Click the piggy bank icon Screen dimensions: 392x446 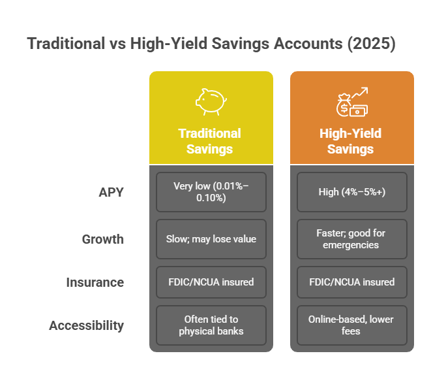click(211, 102)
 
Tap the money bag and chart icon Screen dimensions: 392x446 click(351, 102)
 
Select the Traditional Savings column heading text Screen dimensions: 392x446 click(211, 141)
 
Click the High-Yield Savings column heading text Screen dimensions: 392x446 click(351, 141)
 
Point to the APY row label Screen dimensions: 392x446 click(111, 193)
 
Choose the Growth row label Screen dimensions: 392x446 click(103, 239)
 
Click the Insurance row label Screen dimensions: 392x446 click(95, 282)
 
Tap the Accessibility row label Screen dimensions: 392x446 click(87, 325)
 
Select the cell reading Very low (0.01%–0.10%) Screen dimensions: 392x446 click(211, 192)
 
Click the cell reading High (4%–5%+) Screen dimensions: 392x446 click(351, 192)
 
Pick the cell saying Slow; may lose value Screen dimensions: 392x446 click(211, 239)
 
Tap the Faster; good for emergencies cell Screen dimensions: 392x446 click(351, 239)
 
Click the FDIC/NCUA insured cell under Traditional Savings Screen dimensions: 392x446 click(211, 282)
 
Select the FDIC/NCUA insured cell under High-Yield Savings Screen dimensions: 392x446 click(351, 282)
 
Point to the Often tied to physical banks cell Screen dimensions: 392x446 click(211, 325)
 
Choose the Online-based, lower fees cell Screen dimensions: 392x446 click(351, 325)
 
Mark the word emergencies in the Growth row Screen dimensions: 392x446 click(351, 246)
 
